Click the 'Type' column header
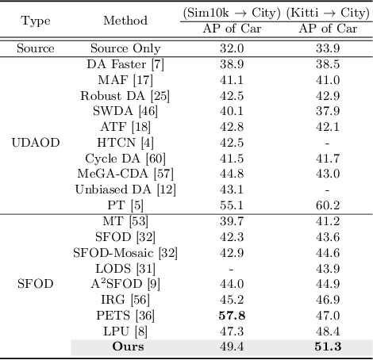(36, 19)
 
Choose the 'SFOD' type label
(36, 283)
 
